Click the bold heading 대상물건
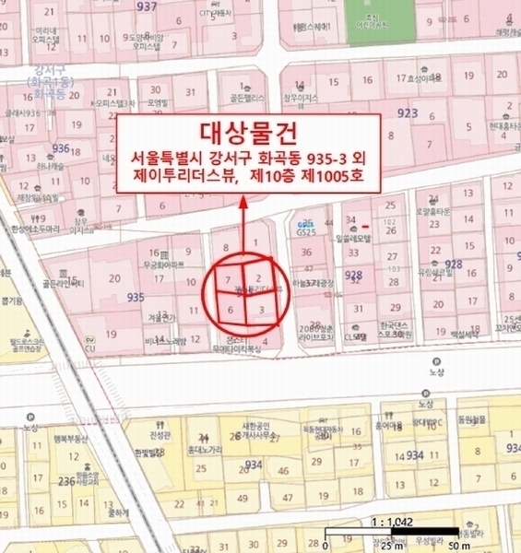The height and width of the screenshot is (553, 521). pos(249,132)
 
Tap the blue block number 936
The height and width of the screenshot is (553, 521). pos(62,147)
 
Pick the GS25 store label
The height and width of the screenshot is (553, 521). pos(305,230)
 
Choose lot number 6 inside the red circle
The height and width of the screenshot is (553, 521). pos(230,310)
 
